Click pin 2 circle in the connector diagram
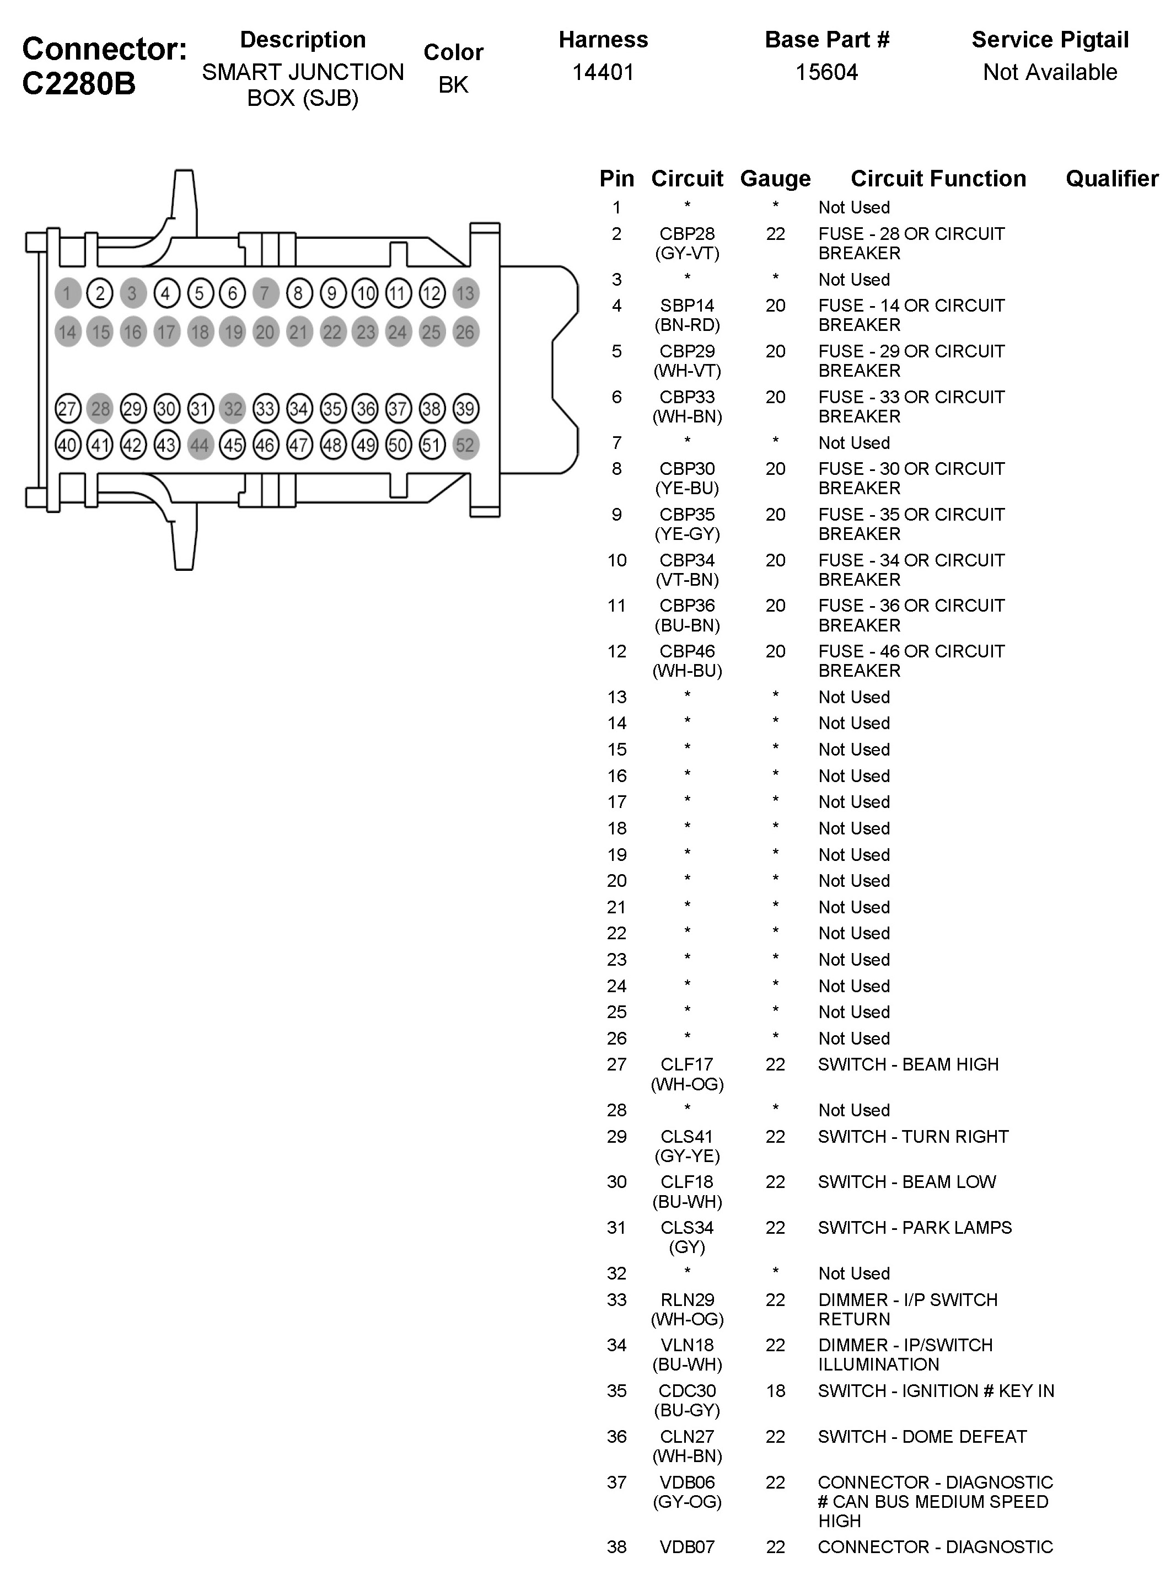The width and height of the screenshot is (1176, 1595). (100, 293)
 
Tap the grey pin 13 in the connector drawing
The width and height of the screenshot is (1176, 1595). (465, 293)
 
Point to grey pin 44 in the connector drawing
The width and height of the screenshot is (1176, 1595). (200, 446)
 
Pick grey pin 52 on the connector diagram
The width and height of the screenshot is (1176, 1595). (465, 446)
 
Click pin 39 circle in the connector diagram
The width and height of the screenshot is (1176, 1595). (465, 409)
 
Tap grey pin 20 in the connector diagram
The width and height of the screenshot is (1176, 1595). (265, 332)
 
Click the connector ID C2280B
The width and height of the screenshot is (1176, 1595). (78, 84)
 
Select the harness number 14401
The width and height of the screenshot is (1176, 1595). (603, 72)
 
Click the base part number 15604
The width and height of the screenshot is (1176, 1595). (826, 72)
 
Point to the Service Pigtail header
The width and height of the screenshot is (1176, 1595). (1049, 40)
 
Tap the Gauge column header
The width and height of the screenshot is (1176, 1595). (775, 179)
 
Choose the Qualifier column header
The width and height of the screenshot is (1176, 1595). (1111, 179)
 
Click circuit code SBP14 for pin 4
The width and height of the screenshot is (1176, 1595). (687, 306)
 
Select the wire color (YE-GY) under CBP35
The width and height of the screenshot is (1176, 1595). (687, 534)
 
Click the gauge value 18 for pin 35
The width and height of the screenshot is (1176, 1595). (775, 1390)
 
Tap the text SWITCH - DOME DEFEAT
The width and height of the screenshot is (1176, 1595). (922, 1436)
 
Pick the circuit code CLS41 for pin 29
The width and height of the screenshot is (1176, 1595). (687, 1137)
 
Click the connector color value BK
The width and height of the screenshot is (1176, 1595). (453, 85)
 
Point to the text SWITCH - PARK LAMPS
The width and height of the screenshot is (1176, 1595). (915, 1228)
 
